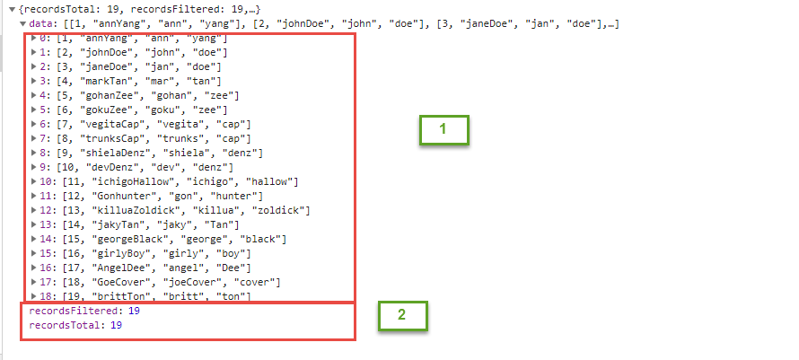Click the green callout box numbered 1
point(443,129)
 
